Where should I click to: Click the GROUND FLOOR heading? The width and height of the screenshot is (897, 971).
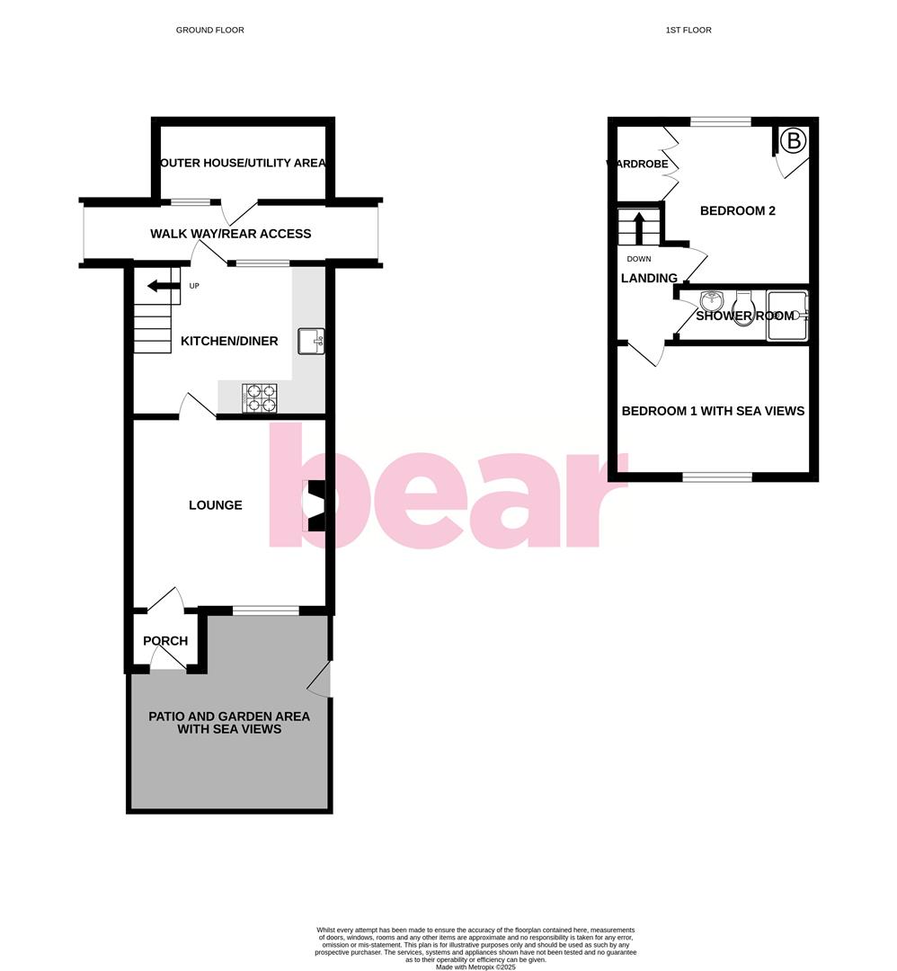209,30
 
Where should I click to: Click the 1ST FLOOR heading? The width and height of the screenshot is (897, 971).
688,30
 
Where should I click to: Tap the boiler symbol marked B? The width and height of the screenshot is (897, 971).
793,140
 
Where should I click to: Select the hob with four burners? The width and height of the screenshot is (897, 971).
260,397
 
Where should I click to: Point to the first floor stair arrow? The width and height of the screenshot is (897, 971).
639,227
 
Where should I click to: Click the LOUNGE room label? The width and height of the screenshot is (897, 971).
216,505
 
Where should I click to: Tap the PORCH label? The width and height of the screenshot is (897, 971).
165,641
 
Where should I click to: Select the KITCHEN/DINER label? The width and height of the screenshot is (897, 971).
229,341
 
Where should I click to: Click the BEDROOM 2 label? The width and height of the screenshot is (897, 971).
737,211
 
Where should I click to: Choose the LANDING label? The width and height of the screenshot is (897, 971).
649,278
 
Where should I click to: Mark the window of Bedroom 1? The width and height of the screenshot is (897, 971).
716,477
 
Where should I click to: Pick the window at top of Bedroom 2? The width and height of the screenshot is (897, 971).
720,121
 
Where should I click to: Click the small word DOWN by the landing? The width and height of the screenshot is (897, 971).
639,259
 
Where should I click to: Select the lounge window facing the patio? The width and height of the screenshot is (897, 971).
266,611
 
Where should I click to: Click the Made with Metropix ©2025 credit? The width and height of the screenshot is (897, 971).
475,967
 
